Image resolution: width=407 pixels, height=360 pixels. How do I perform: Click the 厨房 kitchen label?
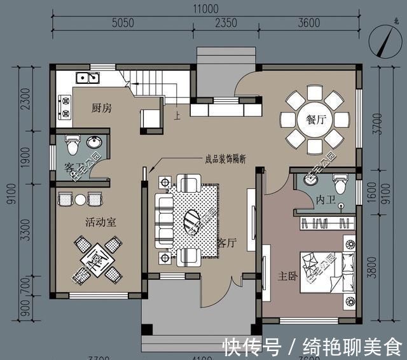pos(102,108)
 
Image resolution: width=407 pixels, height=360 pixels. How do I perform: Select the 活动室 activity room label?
pos(100,223)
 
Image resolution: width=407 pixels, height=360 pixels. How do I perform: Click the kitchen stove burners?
pos(65,106)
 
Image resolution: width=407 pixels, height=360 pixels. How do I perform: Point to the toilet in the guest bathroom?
pos(72,146)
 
